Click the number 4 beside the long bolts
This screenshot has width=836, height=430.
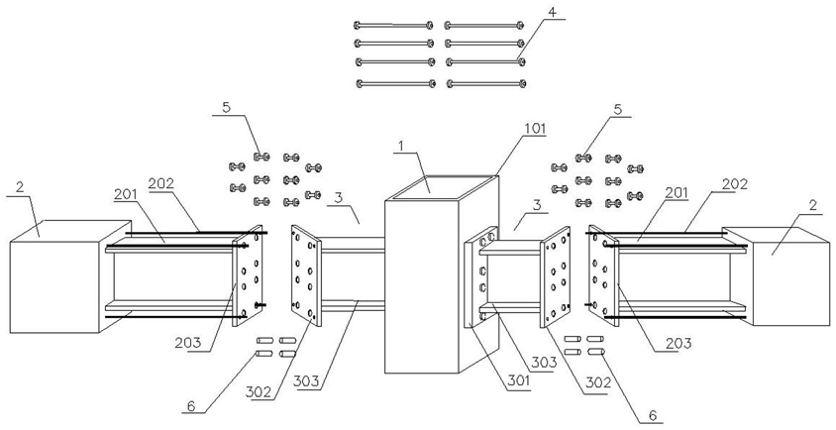pos(553,12)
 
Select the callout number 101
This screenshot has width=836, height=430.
pos(535,128)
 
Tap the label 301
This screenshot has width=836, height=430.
pos(518,381)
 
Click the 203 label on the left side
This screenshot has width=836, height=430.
pos(187,342)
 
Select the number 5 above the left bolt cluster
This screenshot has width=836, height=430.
pos(227,108)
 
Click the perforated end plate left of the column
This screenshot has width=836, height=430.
pos(306,274)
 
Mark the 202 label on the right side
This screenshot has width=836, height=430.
pos(735,184)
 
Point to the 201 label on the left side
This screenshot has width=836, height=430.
pos(124,194)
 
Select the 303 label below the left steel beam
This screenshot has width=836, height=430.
pos(305,381)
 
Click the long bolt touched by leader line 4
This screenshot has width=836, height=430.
pos(486,62)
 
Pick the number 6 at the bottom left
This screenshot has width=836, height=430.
pos(191,407)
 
